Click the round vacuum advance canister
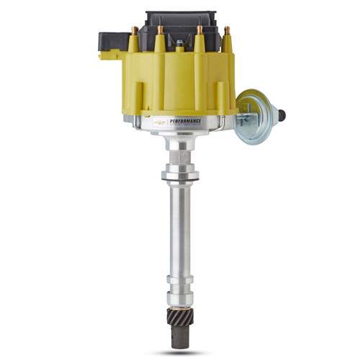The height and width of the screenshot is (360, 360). click(252, 109)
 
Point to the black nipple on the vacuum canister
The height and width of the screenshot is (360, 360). click(282, 113)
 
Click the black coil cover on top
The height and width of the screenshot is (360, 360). click(180, 22)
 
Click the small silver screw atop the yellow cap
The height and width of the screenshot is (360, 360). click(180, 45)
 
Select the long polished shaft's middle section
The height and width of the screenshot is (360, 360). click(180, 230)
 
